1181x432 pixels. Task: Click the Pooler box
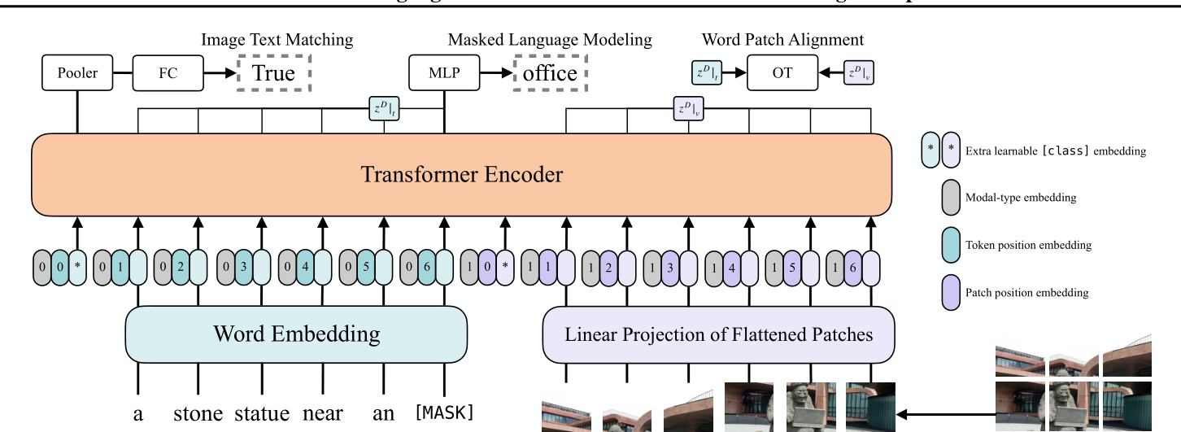tap(77, 73)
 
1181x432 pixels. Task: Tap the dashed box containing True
tap(273, 73)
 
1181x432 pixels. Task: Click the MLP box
tap(443, 73)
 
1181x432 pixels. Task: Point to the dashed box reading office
tap(550, 73)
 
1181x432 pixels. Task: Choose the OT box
tap(782, 73)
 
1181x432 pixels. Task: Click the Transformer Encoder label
tap(461, 174)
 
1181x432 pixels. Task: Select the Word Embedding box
tap(296, 334)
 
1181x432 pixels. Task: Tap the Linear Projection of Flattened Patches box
tap(718, 334)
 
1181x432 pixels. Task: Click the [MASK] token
tap(444, 412)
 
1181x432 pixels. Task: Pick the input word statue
tap(262, 414)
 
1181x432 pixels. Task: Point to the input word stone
tap(198, 414)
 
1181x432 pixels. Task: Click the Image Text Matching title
tap(277, 39)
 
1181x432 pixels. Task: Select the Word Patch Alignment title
tap(782, 39)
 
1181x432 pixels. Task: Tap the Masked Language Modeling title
tap(550, 39)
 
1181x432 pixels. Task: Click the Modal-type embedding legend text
tap(1021, 198)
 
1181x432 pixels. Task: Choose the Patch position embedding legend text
tap(1026, 292)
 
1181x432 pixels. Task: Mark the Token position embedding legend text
tap(1028, 245)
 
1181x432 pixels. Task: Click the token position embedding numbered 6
tap(425, 266)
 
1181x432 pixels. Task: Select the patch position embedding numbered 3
tap(669, 266)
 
